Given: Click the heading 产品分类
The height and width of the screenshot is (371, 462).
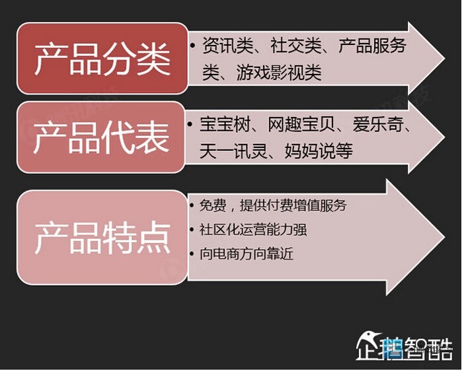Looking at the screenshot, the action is (103, 59).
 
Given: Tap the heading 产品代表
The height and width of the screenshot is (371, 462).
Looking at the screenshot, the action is (101, 138).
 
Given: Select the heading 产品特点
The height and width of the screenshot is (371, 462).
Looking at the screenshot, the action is (103, 238).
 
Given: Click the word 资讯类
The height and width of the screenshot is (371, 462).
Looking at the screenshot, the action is (228, 46).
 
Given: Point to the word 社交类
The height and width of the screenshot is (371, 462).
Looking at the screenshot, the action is (296, 46).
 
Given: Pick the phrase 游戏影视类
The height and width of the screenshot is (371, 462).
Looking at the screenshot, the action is (279, 73).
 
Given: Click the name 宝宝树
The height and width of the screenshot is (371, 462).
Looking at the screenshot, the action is (225, 124).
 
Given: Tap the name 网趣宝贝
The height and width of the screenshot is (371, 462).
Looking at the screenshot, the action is (301, 124).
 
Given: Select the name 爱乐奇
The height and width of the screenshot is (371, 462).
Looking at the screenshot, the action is (378, 124).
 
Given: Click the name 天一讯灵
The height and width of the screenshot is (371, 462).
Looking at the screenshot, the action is (233, 151).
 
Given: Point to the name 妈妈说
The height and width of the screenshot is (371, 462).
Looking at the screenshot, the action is (310, 151).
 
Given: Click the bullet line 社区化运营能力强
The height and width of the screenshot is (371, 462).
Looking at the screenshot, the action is (253, 230).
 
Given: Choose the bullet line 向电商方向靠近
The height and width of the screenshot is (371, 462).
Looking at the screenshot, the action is (247, 253).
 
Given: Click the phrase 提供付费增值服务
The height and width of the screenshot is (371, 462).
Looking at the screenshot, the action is (293, 205).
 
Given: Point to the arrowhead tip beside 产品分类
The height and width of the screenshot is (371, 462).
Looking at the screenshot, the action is (444, 58).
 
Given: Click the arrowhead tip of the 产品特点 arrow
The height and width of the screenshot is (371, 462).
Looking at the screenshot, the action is (444, 237).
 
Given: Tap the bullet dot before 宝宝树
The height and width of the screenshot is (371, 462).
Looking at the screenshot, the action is (190, 123).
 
